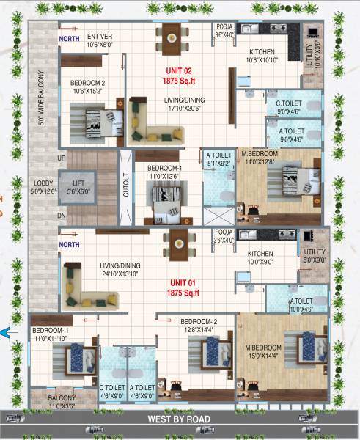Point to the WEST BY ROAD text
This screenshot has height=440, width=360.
coord(180,419)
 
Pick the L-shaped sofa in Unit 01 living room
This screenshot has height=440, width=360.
coord(82,285)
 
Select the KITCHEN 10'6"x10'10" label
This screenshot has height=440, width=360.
coord(262,56)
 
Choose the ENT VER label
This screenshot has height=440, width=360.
coord(100,40)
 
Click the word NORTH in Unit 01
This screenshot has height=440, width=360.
coord(69,245)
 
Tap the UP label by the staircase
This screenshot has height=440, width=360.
coord(61,158)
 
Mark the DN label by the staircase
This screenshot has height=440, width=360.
coord(61,216)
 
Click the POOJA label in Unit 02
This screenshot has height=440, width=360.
coord(224,30)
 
